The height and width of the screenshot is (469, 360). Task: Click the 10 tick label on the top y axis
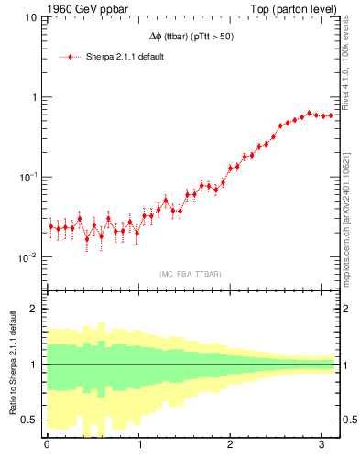pos(30,17)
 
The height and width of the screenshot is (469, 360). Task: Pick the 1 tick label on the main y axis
pos(34,97)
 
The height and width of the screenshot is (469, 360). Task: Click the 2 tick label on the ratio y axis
pos(35,309)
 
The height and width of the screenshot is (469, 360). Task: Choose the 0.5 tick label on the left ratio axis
pos(29,420)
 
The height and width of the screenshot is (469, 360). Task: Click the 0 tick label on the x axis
pos(47,445)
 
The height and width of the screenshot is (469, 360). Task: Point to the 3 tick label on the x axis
pos(322,445)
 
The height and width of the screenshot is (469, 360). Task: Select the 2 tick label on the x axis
pos(231,445)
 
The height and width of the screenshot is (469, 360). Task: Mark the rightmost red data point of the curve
pos(331,115)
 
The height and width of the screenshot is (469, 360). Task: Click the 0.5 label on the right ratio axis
pos(349,420)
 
